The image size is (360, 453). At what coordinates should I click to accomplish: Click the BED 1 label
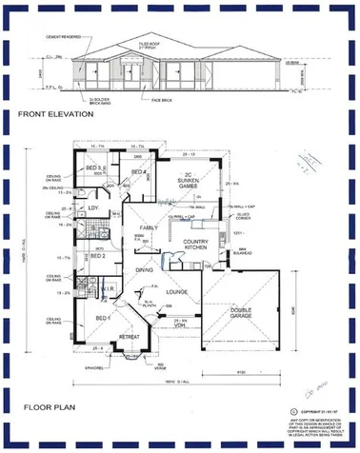(x=103, y=317)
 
